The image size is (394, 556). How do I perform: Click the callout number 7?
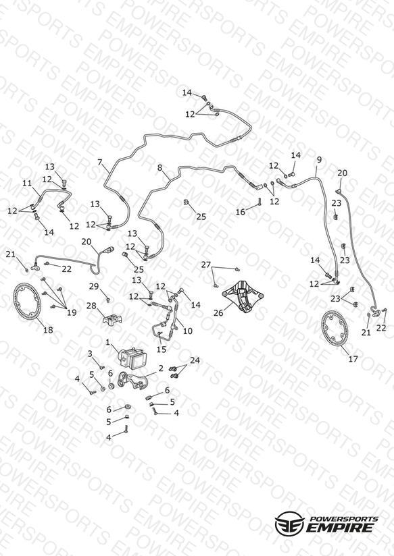pyautogui.click(x=100, y=163)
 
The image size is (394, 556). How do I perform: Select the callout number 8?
pyautogui.click(x=160, y=167)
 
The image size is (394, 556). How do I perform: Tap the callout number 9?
pyautogui.click(x=319, y=160)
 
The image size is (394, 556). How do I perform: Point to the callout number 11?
pyautogui.click(x=187, y=331)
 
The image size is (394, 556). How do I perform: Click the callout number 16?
pyautogui.click(x=27, y=184)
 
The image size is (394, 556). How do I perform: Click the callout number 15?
pyautogui.click(x=162, y=350)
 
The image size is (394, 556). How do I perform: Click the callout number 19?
pyautogui.click(x=72, y=312)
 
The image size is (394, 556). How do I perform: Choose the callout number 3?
pyautogui.click(x=90, y=354)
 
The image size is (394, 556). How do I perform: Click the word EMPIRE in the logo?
pyautogui.click(x=339, y=528)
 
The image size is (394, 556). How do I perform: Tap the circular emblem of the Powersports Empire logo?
pyautogui.click(x=289, y=523)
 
